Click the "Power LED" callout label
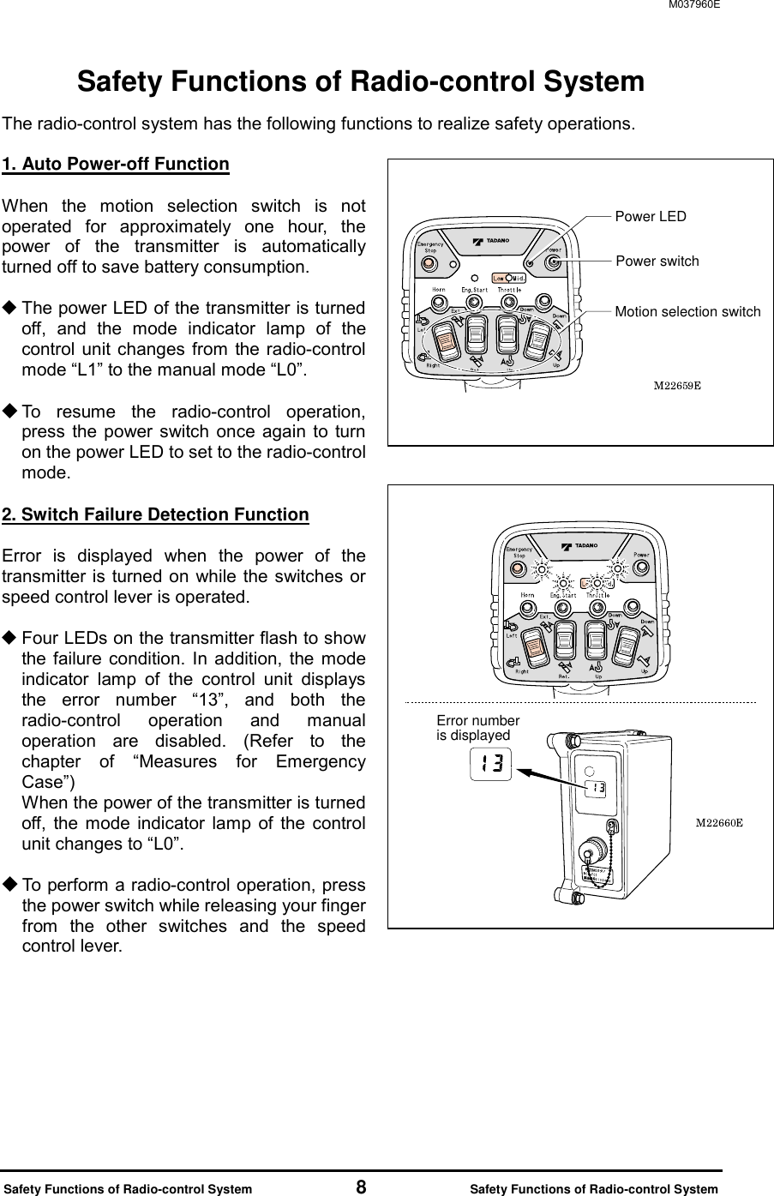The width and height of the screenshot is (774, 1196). pyautogui.click(x=651, y=216)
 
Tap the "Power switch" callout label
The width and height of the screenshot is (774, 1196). pyautogui.click(x=657, y=261)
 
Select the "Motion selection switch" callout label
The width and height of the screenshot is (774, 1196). pyautogui.click(x=687, y=312)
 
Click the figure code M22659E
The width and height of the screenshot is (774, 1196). pyautogui.click(x=677, y=385)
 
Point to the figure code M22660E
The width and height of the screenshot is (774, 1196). pyautogui.click(x=717, y=823)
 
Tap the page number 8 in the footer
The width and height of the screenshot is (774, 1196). pyautogui.click(x=362, y=1187)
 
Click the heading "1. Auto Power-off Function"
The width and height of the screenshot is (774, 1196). pyautogui.click(x=116, y=164)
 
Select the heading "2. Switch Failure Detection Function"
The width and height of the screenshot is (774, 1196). pyautogui.click(x=156, y=514)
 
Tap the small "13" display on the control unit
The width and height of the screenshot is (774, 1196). pyautogui.click(x=597, y=788)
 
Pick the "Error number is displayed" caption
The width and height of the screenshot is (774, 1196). pyautogui.click(x=477, y=728)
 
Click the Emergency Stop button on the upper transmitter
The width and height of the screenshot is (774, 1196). pyautogui.click(x=429, y=262)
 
